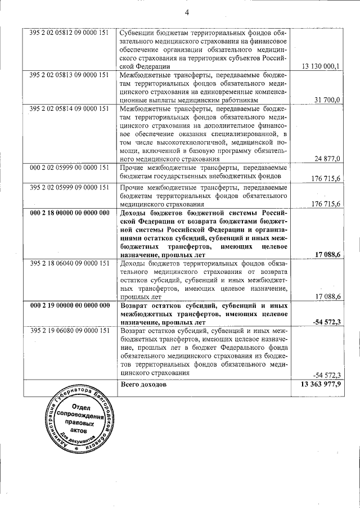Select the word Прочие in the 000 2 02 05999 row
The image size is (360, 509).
coord(133,168)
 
